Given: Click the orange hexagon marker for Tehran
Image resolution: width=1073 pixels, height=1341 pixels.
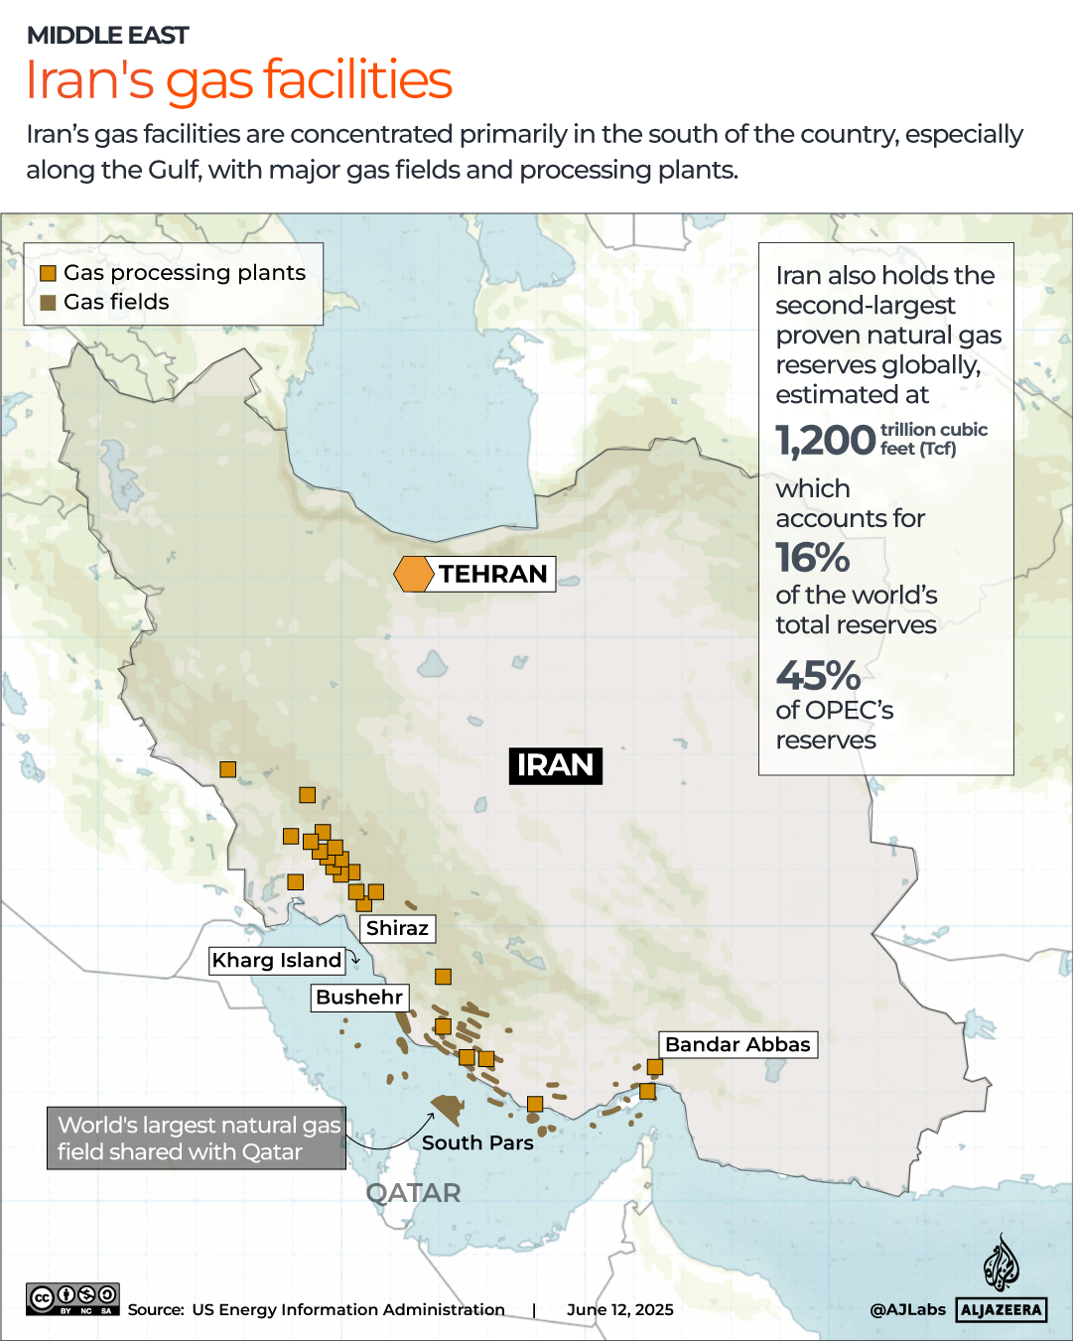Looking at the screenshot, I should (413, 574).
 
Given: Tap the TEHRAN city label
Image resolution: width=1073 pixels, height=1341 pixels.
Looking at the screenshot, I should (493, 574).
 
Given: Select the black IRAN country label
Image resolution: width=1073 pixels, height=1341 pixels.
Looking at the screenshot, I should (555, 765).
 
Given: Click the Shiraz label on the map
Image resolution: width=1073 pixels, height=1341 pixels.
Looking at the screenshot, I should (397, 928).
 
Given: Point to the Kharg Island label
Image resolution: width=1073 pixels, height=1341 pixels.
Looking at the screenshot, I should (277, 960).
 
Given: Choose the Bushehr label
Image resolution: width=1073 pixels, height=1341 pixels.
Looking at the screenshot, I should (359, 997).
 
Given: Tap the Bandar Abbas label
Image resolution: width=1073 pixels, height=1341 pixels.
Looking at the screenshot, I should (738, 1044).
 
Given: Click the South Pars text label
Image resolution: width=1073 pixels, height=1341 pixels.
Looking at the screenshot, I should (477, 1142).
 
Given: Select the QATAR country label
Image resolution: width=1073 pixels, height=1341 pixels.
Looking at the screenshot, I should (413, 1193).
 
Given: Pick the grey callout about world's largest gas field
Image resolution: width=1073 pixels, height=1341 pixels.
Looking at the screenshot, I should (197, 1138).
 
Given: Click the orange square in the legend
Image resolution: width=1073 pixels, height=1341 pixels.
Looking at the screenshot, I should (48, 274).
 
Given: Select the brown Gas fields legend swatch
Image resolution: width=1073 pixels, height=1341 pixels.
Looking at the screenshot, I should (48, 303).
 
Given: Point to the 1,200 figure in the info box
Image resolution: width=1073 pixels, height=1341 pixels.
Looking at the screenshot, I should (826, 440).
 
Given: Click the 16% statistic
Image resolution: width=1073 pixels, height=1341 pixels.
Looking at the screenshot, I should (812, 558).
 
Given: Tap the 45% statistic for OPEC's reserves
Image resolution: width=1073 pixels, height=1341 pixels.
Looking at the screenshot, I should (818, 676).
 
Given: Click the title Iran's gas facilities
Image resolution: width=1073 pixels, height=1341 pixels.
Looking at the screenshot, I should (238, 79).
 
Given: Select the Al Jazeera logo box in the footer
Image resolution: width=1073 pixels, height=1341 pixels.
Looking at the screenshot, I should (1002, 1309).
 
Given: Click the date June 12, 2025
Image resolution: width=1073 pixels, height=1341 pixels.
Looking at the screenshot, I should (620, 1309).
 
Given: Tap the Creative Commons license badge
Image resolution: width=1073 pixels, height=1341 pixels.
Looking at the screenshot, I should (72, 1298).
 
